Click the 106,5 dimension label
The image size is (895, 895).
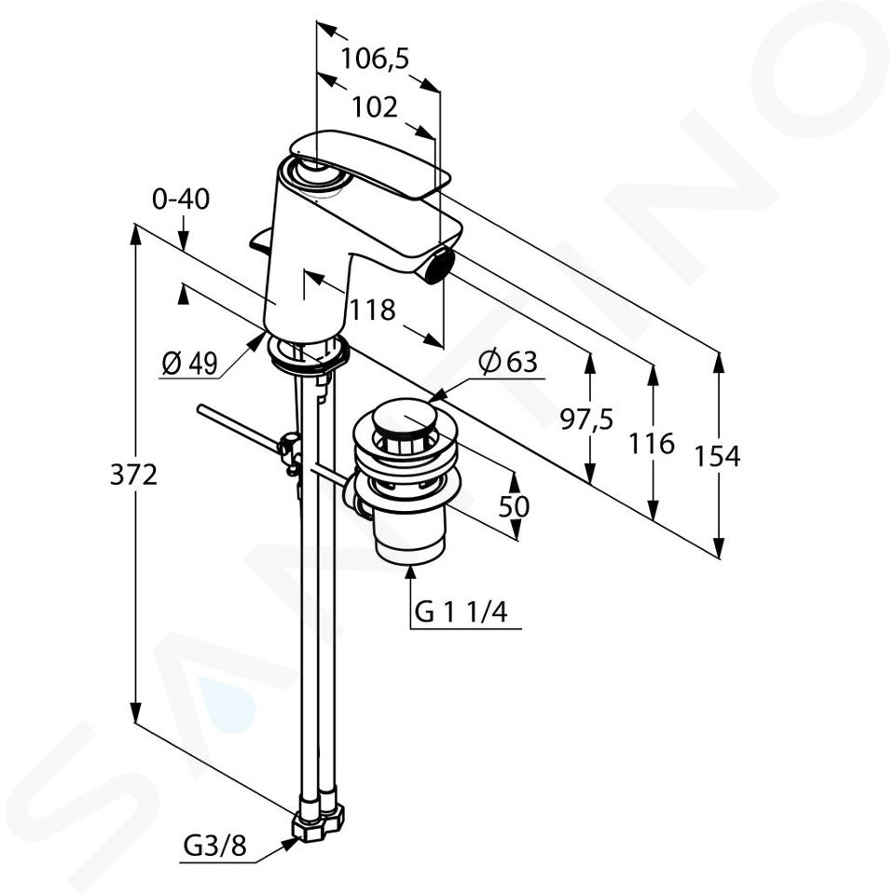(x=375, y=58)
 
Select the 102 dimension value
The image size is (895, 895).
(x=375, y=107)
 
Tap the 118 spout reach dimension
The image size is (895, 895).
(x=372, y=310)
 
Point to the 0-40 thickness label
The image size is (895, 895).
(x=181, y=200)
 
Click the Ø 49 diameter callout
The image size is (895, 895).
(x=189, y=363)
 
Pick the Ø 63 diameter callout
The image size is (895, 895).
(x=509, y=362)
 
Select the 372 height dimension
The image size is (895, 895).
(x=133, y=475)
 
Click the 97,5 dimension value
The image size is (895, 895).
(x=586, y=420)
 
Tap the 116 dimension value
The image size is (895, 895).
(x=652, y=444)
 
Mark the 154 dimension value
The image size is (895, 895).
(x=717, y=456)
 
